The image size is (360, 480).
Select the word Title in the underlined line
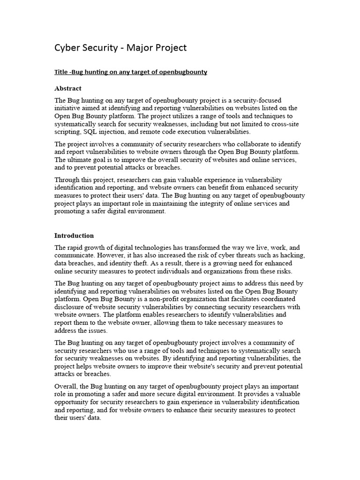pos(61,72)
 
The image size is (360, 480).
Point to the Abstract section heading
pos(68,88)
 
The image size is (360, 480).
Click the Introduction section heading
pos(74,235)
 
